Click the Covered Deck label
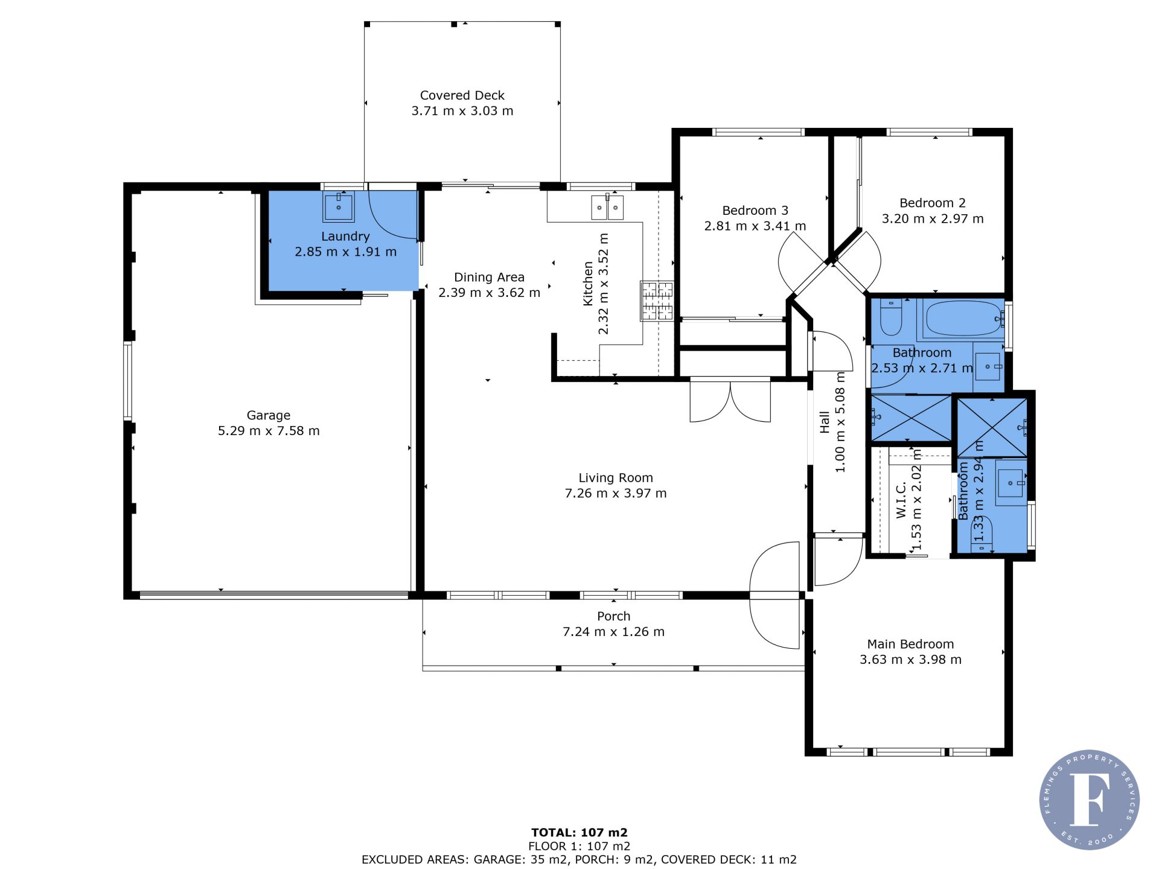[x=462, y=95]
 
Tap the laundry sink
[x=339, y=207]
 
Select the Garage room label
[x=269, y=415]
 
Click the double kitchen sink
[x=607, y=207]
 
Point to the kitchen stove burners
[x=657, y=301]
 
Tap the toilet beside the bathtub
[x=890, y=317]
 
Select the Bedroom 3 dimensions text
[x=755, y=226]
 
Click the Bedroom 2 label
[x=933, y=203]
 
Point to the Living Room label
[x=616, y=478]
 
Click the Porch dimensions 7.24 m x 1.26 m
[x=613, y=632]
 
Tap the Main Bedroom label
[x=910, y=645]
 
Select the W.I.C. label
[x=901, y=500]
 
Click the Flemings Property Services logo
[x=1090, y=800]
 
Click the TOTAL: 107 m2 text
[x=579, y=833]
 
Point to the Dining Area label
[x=489, y=278]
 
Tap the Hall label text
[x=825, y=422]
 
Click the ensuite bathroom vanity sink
[x=1011, y=483]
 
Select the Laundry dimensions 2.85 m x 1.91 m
[x=345, y=252]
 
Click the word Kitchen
[x=589, y=284]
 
